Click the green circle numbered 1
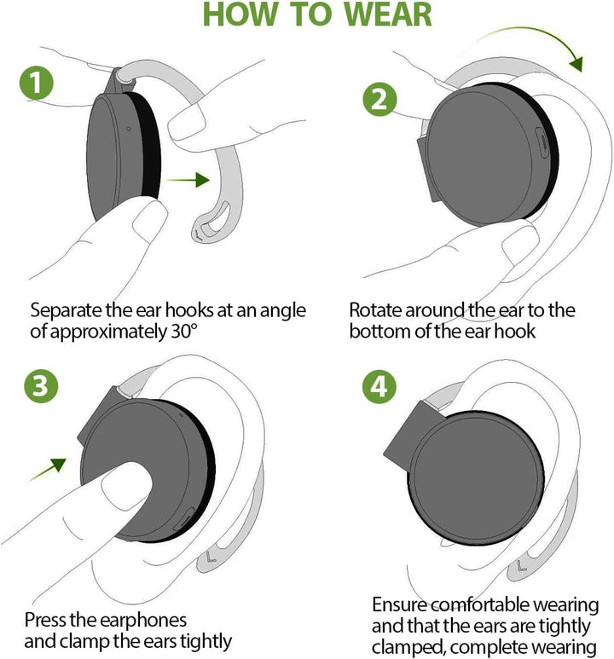click(x=37, y=84)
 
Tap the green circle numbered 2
click(x=379, y=99)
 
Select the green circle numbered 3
click(x=41, y=386)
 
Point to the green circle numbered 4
click(x=379, y=386)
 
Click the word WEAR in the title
click(x=388, y=14)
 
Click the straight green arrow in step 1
click(x=188, y=180)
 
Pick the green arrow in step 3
click(x=48, y=470)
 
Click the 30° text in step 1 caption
click(x=184, y=332)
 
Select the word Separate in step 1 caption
click(x=67, y=311)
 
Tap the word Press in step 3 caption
click(x=45, y=620)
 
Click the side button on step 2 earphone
click(x=542, y=143)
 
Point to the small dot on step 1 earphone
click(x=128, y=129)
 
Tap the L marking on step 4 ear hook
click(x=522, y=565)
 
